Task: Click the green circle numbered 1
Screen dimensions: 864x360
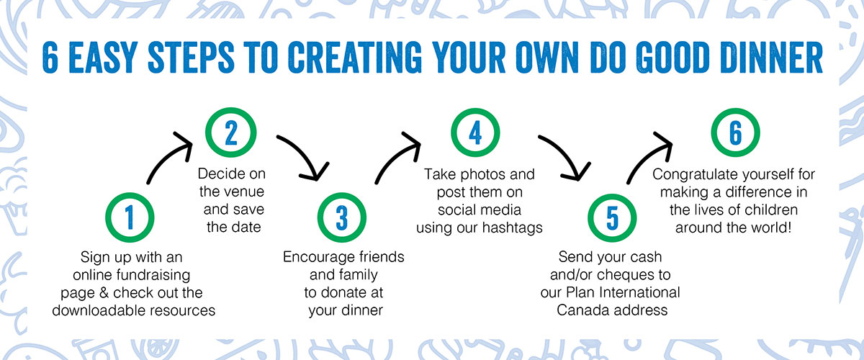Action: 130,195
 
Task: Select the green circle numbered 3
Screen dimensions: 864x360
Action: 342,195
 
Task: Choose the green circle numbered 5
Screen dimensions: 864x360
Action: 612,196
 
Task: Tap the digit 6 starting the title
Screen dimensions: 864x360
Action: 50,58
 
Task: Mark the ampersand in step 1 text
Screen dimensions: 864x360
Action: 104,292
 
